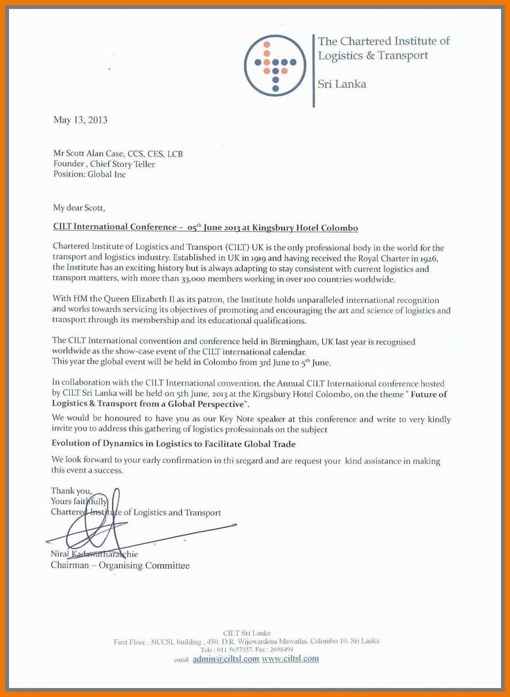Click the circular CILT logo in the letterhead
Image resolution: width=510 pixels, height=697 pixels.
(274, 65)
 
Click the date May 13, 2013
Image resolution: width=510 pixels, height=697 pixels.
(80, 120)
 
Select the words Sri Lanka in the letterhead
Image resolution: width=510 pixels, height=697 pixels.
(342, 84)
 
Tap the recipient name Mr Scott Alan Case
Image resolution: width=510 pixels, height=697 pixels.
(94, 154)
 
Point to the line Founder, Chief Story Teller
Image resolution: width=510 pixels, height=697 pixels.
(104, 164)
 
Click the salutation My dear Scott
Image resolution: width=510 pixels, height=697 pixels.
(80, 207)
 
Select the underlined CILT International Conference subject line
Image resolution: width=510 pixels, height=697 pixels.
(206, 227)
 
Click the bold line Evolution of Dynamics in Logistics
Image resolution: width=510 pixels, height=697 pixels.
(173, 444)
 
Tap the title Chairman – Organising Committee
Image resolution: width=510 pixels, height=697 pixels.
(120, 565)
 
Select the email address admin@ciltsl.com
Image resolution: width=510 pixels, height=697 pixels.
(226, 659)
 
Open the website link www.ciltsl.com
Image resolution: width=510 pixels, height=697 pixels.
(290, 659)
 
